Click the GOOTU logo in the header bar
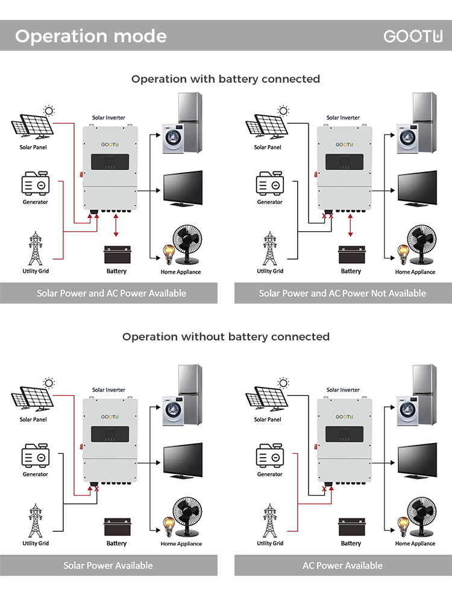coord(413,36)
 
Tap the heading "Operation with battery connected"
coord(226,79)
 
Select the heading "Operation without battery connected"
coord(226,337)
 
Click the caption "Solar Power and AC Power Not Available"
coord(342,293)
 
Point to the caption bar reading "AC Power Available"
coord(343,566)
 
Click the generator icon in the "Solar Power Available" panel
coord(36,455)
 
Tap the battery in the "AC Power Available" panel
coord(351,526)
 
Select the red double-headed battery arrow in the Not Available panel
coord(350,225)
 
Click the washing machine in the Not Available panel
coord(407,138)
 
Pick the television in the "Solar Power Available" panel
coord(183,460)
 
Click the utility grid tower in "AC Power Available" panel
coord(270,520)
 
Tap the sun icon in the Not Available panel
coord(283,111)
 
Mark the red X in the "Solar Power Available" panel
coord(96,489)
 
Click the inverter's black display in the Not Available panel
coord(344,162)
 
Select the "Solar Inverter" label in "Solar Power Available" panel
coord(108,390)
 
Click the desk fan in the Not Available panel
coord(421,244)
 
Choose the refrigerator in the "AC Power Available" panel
coord(424,394)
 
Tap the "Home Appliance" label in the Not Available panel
coord(415,272)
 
